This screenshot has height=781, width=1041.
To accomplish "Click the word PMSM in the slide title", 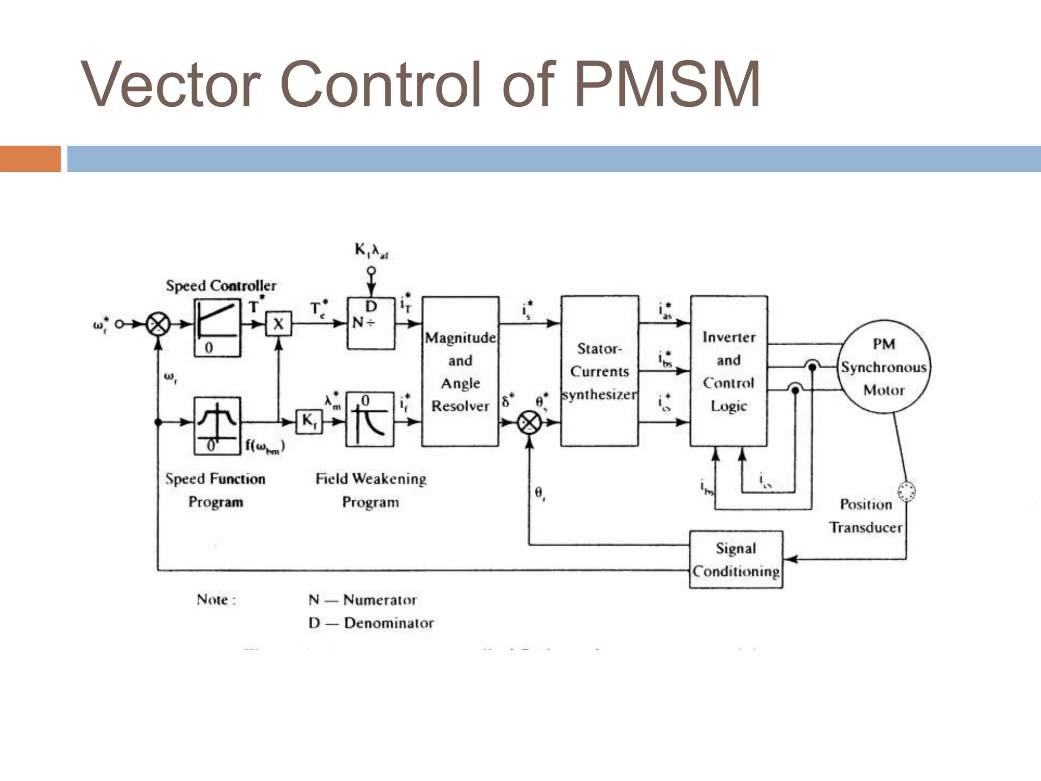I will pos(667,84).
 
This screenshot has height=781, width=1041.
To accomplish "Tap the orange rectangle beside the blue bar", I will pos(30,159).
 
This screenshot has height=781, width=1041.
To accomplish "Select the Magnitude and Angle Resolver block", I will pos(460,371).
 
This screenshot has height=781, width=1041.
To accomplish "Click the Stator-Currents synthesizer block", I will pos(599,371).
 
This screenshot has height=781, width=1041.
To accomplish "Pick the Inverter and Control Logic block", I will pos(728,371).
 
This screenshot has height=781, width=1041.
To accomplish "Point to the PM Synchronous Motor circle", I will pos(884,367).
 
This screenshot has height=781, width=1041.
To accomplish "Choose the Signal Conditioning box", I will pos(736,559).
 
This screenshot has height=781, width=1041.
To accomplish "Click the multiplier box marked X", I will pos(279,324).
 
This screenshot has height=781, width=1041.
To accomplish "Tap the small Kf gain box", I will pos(309,422).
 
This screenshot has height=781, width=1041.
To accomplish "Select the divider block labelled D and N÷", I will pos(371,323).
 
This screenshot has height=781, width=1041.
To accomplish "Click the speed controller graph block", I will pos(217,327).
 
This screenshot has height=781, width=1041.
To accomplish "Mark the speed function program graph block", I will pos(217,426).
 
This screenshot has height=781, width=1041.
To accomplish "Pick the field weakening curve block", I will pos(370,420).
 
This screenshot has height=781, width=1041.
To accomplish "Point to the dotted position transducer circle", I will pos(906,491).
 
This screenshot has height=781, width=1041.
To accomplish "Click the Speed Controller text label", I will pos(221,286).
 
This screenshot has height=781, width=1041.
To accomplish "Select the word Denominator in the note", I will pos(389,623).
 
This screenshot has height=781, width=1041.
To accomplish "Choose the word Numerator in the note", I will pos(380,600).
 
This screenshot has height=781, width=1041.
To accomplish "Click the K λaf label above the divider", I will pos(371,251).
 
